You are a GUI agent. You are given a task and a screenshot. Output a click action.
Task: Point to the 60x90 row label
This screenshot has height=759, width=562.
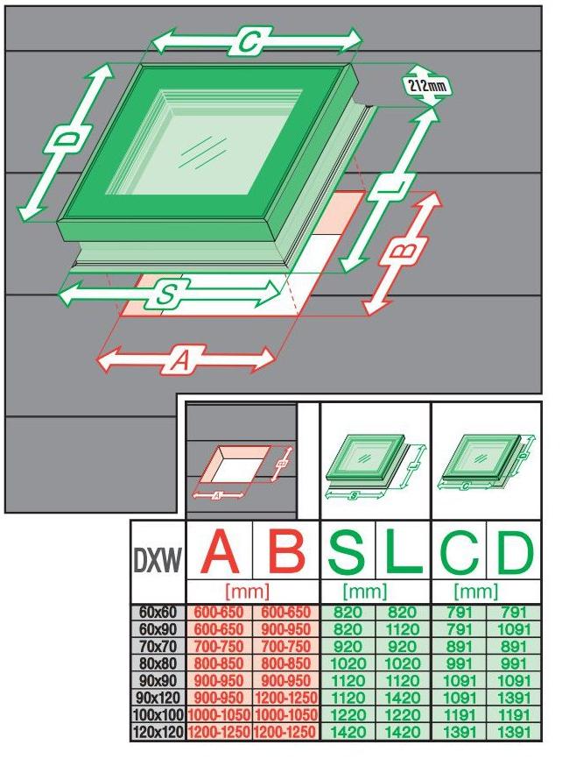(158, 628)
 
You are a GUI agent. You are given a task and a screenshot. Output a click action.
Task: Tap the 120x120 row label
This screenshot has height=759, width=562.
(158, 732)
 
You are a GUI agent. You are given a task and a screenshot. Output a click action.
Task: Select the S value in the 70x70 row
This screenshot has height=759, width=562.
(348, 646)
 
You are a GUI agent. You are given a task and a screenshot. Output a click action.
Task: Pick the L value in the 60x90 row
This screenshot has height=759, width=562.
(402, 628)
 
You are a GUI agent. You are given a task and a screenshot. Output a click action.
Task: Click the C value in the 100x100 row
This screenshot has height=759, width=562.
(458, 715)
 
